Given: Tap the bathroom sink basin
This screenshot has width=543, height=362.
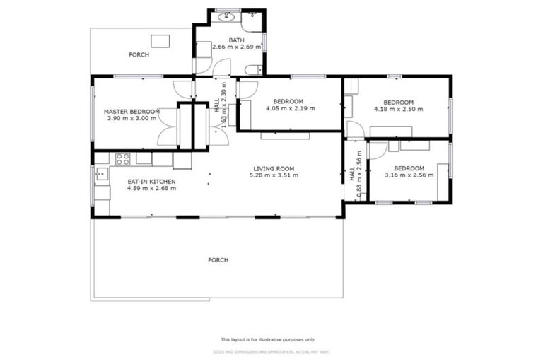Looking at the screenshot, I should tap(226, 17).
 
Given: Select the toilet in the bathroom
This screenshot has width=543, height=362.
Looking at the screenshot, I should tap(254, 69).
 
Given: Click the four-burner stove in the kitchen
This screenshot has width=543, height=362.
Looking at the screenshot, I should tap(122, 159).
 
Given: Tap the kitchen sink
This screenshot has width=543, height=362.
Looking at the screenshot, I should tap(100, 173).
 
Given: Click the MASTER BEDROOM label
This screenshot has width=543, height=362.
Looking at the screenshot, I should tap(131, 111).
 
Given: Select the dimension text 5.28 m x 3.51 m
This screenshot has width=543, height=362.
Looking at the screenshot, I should tap(273, 175).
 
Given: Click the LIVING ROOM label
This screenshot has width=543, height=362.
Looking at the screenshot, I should tap(274, 168).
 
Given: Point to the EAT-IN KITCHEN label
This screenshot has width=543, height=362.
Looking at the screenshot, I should tap(151, 182).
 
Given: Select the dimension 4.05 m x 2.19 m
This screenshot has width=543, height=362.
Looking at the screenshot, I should tap(290, 108).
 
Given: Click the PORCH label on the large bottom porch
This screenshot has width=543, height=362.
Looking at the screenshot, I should tap(218, 260).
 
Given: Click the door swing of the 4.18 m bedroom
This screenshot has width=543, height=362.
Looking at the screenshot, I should tap(355, 130).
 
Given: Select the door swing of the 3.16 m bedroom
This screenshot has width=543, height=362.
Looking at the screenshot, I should tap(377, 151).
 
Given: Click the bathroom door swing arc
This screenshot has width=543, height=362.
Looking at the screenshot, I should tap(222, 68).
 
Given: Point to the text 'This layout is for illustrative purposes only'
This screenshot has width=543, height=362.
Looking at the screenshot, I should tap(268, 339).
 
